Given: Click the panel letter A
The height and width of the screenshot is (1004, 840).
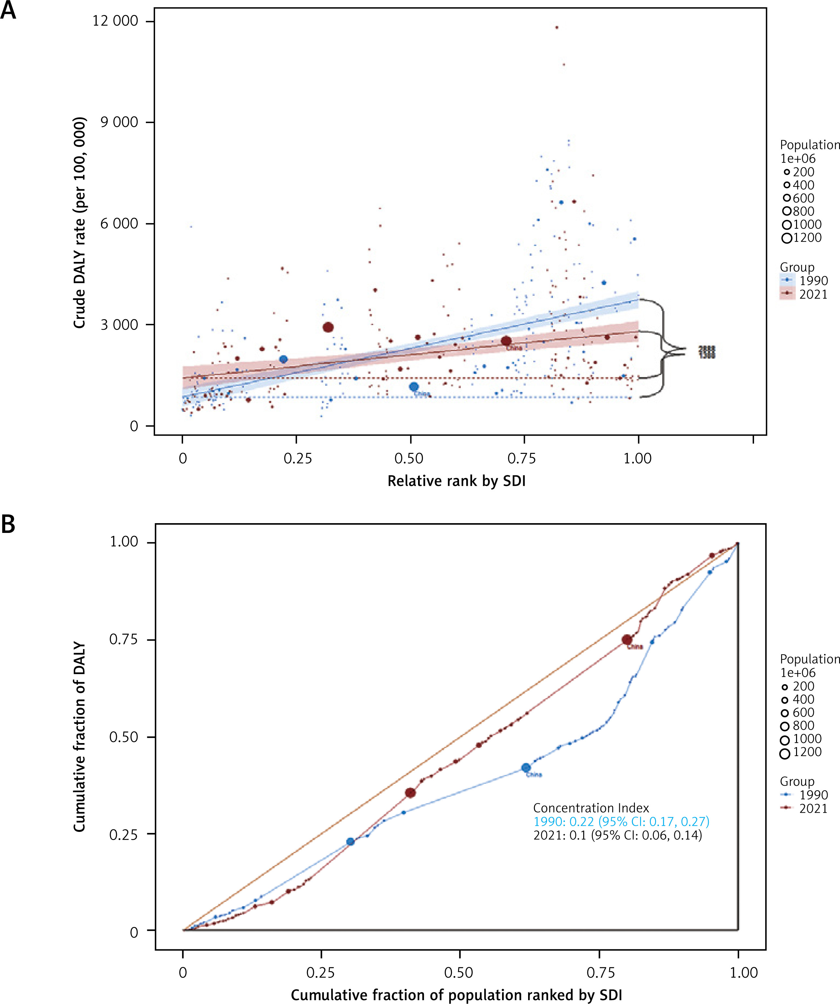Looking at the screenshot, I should pos(8,10).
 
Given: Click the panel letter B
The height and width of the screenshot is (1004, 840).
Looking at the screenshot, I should pos(8,524).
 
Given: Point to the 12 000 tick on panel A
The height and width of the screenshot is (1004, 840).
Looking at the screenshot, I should pos(115,21).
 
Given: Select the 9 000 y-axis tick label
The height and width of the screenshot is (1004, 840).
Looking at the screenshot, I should pos(119,122).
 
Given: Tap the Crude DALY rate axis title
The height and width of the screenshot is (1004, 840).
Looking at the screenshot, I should pos(79,223).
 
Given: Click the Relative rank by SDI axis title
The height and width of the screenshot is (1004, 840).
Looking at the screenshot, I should pos(456,481).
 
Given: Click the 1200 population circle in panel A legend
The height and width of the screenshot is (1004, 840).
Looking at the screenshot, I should pos(787,238).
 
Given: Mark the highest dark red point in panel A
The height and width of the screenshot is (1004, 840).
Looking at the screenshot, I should pos(556,28).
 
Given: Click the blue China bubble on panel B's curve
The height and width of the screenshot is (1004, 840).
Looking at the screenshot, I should pos(526,768).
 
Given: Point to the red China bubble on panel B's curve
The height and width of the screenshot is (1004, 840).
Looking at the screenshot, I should pos(627,640).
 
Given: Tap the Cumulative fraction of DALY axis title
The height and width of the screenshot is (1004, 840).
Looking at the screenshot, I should pos(79,737).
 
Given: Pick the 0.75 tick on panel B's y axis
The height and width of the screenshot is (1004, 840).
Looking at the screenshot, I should pos(123,640).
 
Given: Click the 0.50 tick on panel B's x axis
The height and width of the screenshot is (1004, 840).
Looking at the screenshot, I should pos(459,972).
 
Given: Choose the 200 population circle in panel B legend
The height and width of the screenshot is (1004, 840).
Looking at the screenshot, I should pos(785,687).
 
